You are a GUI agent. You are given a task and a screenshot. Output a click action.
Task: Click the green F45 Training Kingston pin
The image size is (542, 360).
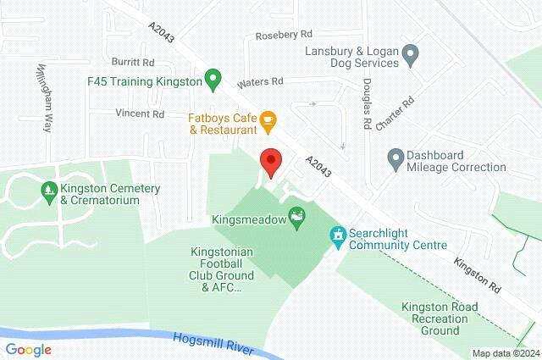213,81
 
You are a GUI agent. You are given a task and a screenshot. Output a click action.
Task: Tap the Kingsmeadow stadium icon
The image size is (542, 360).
296,219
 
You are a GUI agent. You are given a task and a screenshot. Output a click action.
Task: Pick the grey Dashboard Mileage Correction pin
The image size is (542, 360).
395,158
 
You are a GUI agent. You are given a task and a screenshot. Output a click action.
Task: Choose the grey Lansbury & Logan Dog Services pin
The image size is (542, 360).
411,57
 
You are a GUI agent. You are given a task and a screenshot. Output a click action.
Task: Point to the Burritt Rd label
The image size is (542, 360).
133,63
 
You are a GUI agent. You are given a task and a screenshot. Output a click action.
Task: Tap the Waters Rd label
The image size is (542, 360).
260,81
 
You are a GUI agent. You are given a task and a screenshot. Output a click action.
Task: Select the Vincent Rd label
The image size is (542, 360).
140,113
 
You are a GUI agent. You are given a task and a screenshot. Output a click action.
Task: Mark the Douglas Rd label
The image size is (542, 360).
368,104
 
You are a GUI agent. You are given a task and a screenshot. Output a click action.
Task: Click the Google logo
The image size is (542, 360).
28,349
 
